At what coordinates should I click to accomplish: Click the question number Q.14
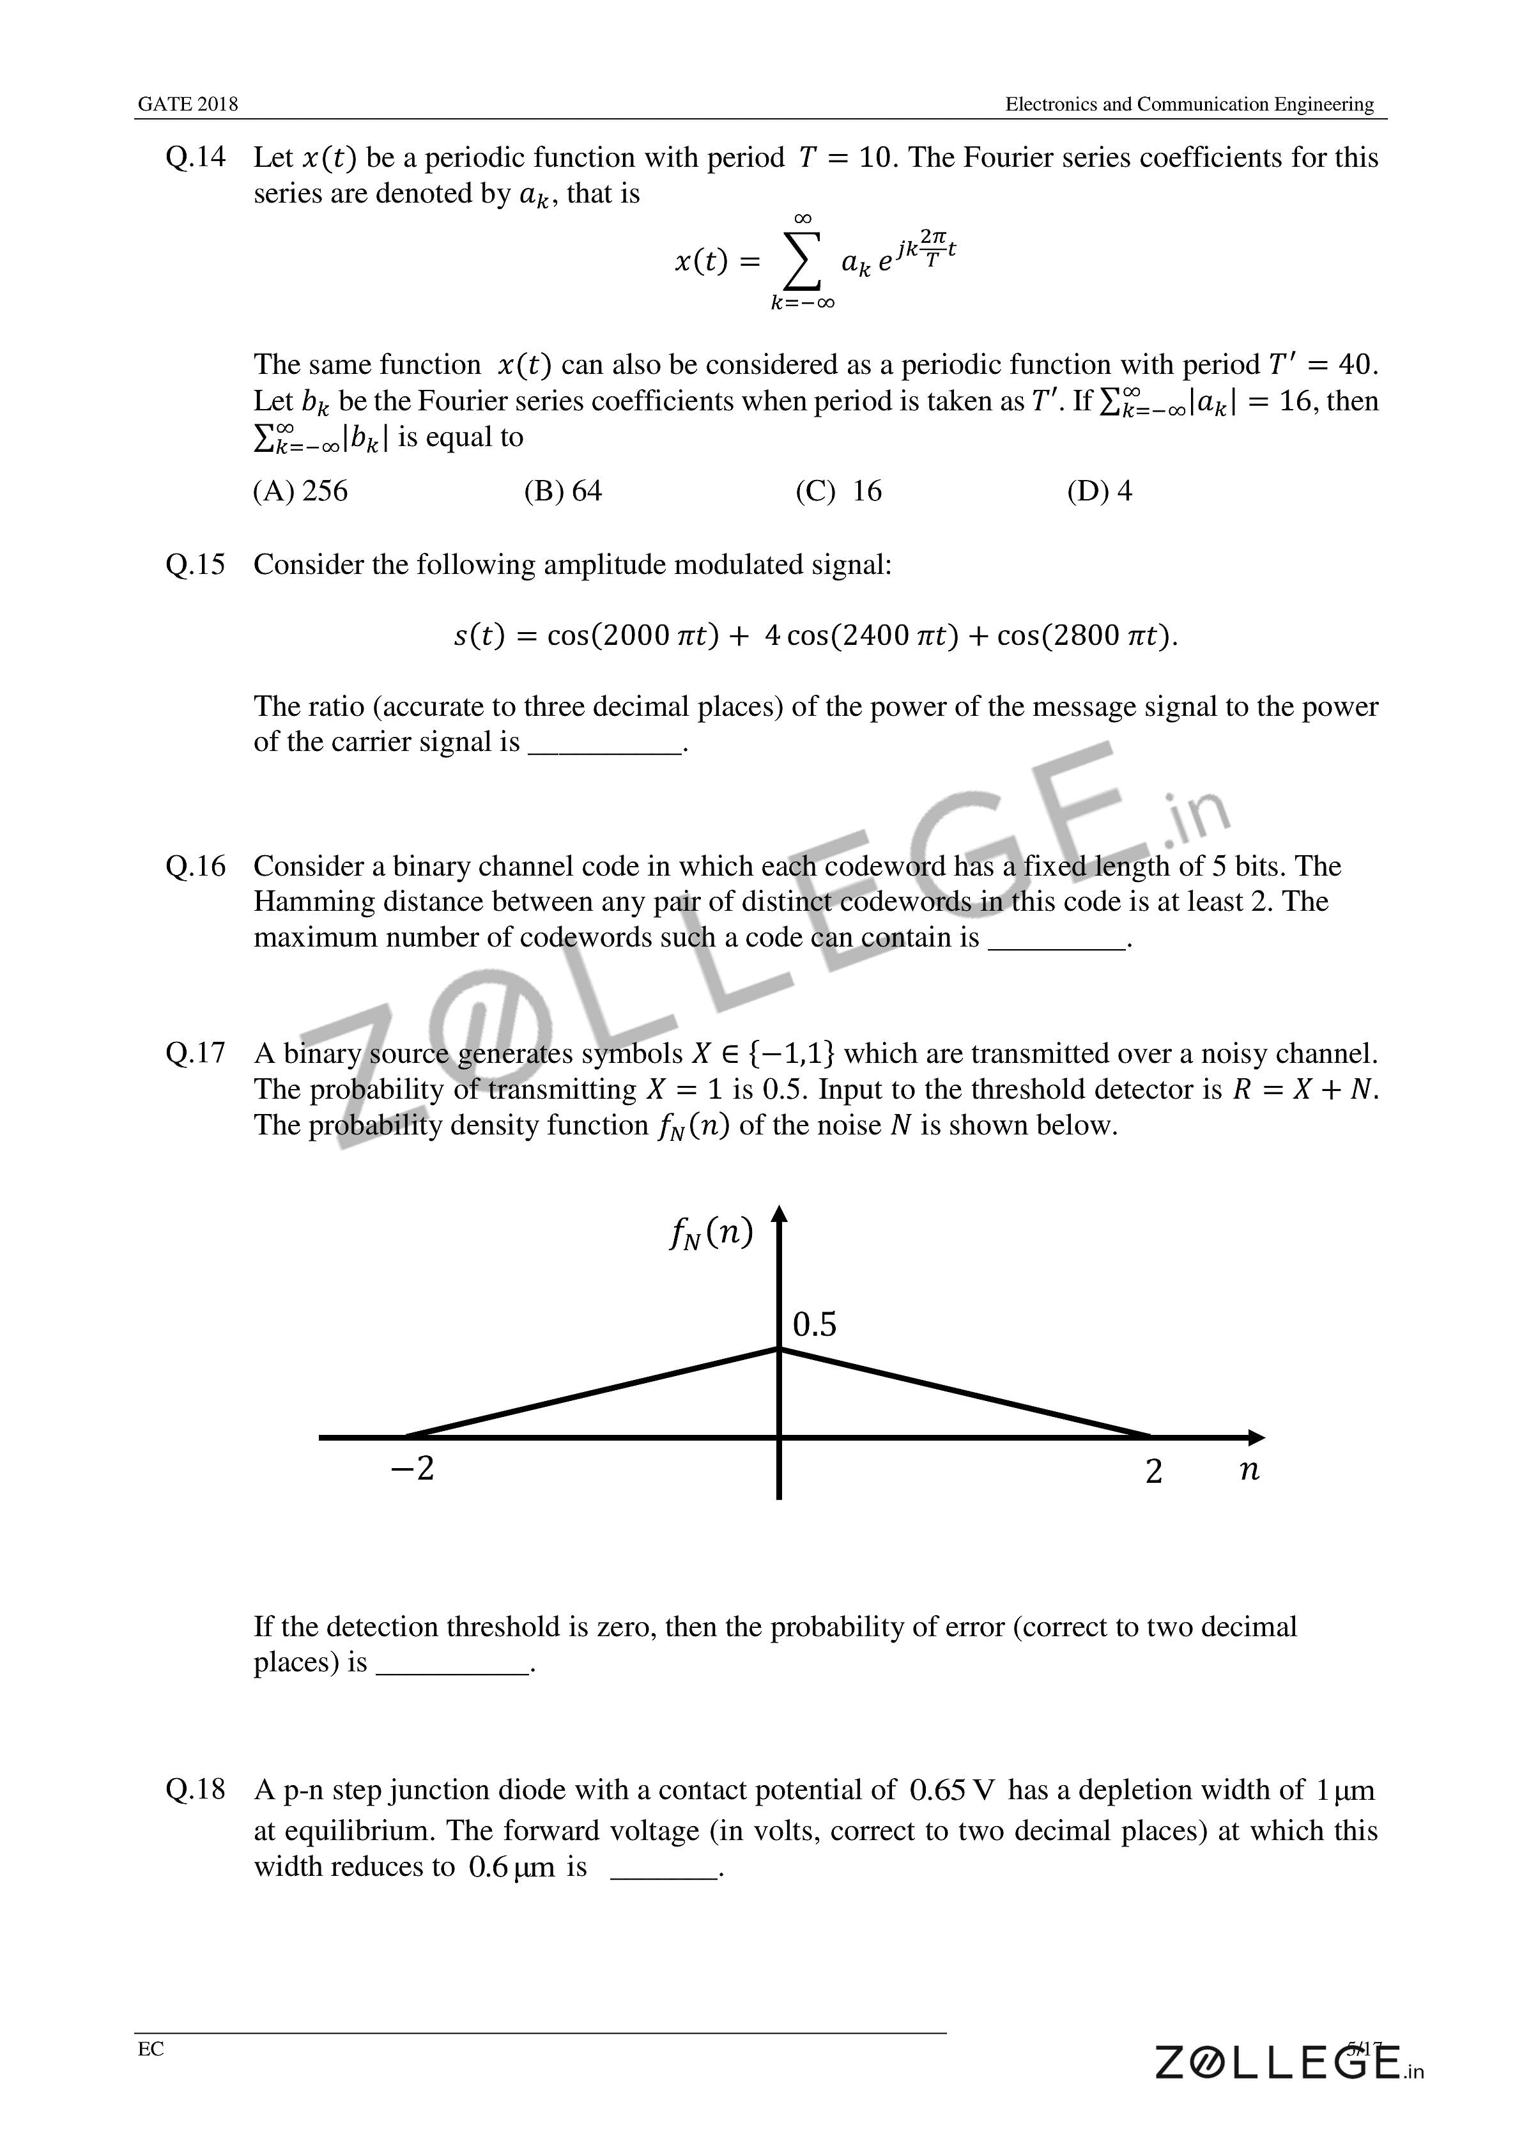click(195, 157)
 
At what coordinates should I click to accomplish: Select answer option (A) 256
click(300, 491)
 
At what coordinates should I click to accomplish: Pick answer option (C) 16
click(839, 491)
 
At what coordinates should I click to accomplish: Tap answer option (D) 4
click(1099, 491)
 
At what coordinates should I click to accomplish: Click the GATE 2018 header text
click(187, 104)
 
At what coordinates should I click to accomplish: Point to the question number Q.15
click(195, 565)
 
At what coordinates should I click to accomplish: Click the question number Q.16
click(195, 866)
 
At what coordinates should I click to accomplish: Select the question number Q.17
click(195, 1053)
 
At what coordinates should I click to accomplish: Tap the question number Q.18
click(195, 1790)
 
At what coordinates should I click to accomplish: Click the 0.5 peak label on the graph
click(815, 1324)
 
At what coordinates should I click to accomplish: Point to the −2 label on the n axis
click(412, 1469)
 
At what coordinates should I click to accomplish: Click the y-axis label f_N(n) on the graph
click(711, 1234)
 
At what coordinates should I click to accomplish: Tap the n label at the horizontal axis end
click(1249, 1469)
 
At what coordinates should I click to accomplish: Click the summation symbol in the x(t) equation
click(801, 263)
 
